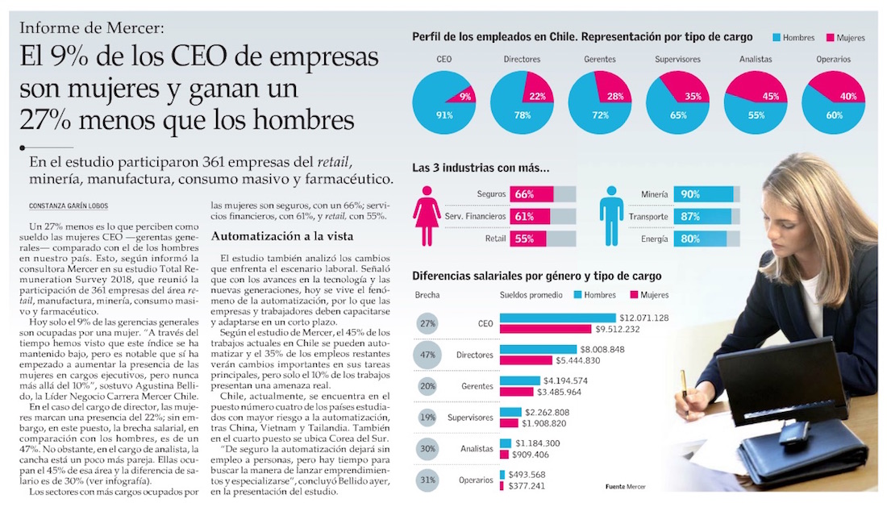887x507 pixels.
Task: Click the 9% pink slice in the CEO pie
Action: [464, 97]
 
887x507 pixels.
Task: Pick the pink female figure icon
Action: [427, 212]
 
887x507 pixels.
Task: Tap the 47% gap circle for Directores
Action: [428, 355]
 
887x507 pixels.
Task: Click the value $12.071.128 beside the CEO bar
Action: [643, 318]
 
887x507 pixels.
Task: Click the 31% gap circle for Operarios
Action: [428, 480]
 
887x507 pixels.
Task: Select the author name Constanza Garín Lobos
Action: [68, 205]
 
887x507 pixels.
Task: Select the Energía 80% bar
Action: [701, 239]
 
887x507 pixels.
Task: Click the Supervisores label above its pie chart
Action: [677, 60]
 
